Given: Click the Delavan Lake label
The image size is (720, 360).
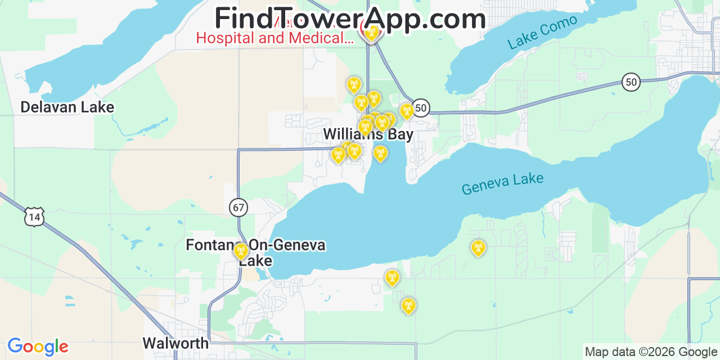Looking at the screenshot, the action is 67,107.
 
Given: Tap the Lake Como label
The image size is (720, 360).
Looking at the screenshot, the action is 542,32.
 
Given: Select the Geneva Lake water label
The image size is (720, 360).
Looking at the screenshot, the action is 502,184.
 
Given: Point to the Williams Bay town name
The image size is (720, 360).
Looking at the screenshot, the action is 368,134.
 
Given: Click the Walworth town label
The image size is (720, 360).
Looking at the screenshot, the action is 175,343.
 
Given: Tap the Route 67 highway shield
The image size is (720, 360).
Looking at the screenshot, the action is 238,208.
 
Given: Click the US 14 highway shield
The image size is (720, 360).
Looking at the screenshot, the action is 34,217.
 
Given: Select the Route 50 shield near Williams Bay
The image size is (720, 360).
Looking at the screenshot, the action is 421,107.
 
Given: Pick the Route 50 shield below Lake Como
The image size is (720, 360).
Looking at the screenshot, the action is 631,82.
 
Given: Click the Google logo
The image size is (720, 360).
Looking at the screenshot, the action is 38,346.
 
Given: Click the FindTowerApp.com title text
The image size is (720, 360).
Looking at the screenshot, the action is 350,19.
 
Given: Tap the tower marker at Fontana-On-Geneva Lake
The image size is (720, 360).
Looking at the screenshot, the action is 241,251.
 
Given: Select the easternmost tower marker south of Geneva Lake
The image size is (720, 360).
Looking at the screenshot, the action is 478,247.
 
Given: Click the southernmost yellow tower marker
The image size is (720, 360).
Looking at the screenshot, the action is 408,305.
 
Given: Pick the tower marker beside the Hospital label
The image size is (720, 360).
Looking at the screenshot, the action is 371,33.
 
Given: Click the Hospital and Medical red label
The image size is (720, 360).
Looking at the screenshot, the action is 274,38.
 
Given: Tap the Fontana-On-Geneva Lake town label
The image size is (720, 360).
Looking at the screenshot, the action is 255,253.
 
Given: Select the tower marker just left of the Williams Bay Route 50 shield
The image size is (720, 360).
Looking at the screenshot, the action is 407,111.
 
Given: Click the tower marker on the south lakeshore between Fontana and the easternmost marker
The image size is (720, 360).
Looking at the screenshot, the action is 392,277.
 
